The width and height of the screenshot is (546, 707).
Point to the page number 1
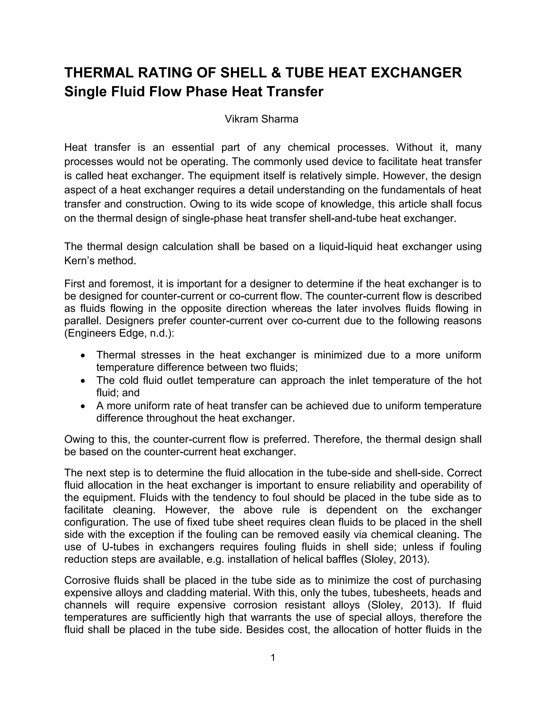(x=273, y=657)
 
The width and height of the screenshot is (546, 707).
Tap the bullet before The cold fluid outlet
(x=83, y=381)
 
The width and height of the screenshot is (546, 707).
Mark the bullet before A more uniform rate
(x=83, y=406)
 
